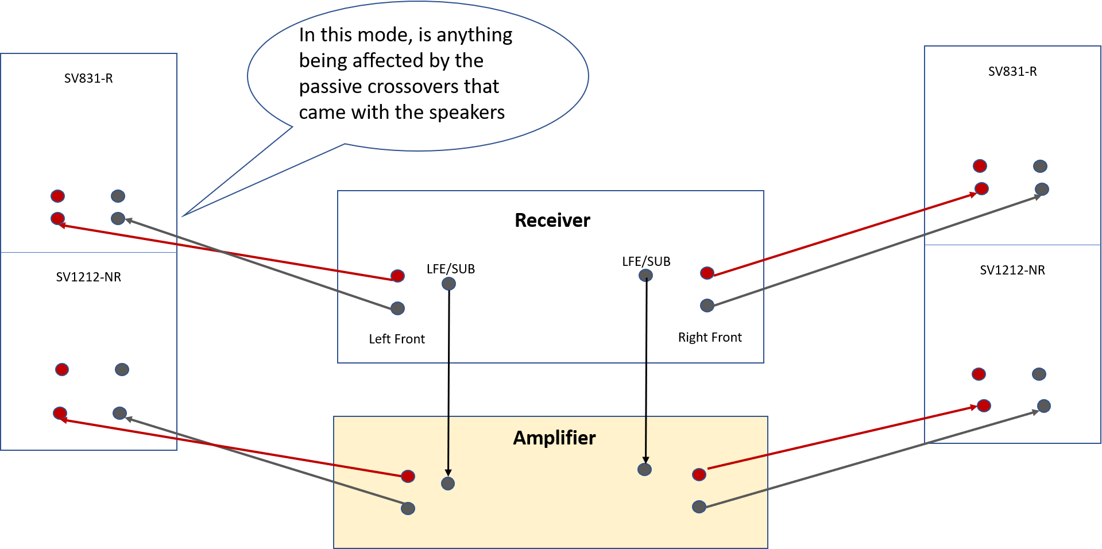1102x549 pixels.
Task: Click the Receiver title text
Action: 552,221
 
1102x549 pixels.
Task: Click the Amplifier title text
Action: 554,438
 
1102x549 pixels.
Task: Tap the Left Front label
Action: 397,339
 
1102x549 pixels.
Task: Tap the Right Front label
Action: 710,337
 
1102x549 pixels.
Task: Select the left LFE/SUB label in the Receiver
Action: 451,269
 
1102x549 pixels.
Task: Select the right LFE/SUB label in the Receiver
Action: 646,261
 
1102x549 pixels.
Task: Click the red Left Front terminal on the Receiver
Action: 397,276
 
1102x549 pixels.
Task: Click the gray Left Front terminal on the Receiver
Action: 397,308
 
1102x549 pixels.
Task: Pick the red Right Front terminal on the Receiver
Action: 707,273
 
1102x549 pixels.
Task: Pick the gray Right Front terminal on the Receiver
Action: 707,306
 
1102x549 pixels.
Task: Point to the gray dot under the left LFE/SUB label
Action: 448,284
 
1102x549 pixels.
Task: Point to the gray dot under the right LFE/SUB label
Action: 645,276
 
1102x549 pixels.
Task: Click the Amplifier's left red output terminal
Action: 408,476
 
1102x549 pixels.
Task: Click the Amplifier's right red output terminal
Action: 699,474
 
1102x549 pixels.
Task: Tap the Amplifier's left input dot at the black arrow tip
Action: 448,484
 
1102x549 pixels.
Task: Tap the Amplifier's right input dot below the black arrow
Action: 645,470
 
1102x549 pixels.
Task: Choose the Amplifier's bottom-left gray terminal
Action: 408,508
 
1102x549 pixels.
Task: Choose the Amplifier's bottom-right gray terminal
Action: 699,507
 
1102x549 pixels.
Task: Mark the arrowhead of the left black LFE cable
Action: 448,473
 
